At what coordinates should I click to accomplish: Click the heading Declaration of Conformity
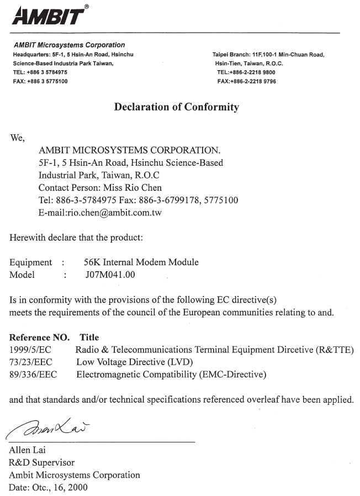pyautogui.click(x=176, y=107)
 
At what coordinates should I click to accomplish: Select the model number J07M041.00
pyautogui.click(x=110, y=275)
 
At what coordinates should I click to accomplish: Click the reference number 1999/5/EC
pyautogui.click(x=30, y=350)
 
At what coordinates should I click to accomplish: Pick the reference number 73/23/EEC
pyautogui.click(x=30, y=362)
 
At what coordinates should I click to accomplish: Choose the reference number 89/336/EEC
pyautogui.click(x=33, y=375)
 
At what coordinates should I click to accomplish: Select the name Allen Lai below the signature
pyautogui.click(x=28, y=450)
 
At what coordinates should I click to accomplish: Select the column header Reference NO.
pyautogui.click(x=40, y=337)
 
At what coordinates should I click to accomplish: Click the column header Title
pyautogui.click(x=89, y=337)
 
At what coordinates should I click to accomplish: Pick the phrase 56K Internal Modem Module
pyautogui.click(x=141, y=262)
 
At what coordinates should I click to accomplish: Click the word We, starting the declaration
pyautogui.click(x=18, y=138)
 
